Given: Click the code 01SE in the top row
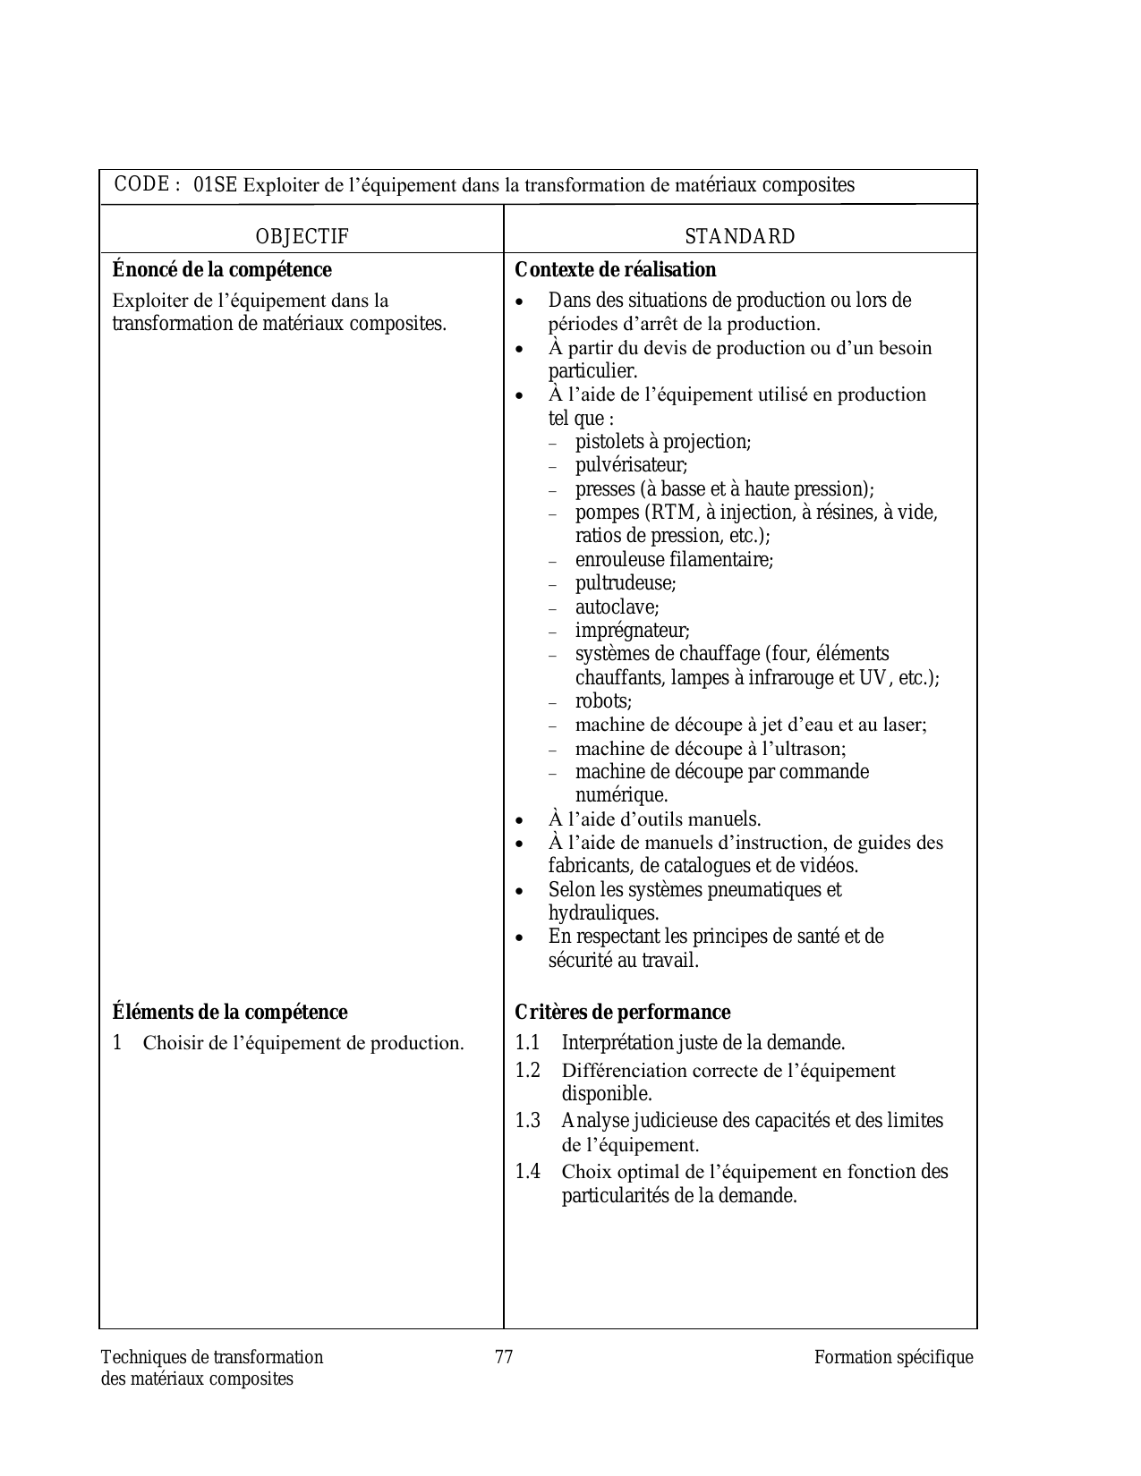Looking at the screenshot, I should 215,185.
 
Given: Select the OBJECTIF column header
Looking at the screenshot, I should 302,236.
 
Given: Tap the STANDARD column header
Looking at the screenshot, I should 739,236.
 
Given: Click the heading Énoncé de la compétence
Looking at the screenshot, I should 222,270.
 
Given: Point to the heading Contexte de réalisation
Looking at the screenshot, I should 615,270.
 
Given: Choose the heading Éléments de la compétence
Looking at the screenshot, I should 230,1013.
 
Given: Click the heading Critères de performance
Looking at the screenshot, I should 622,1013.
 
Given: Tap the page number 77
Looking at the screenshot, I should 504,1357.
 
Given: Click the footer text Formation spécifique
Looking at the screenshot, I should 893,1357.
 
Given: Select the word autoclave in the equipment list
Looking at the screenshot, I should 616,607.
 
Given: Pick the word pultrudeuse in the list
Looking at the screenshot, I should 625,583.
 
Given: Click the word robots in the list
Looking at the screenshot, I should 602,701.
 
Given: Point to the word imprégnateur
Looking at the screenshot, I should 632,631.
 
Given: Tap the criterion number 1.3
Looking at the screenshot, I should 527,1121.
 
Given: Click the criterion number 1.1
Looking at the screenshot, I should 527,1043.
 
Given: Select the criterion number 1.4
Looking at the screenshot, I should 527,1172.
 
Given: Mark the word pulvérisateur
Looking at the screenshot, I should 630,465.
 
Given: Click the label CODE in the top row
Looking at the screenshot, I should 141,184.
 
